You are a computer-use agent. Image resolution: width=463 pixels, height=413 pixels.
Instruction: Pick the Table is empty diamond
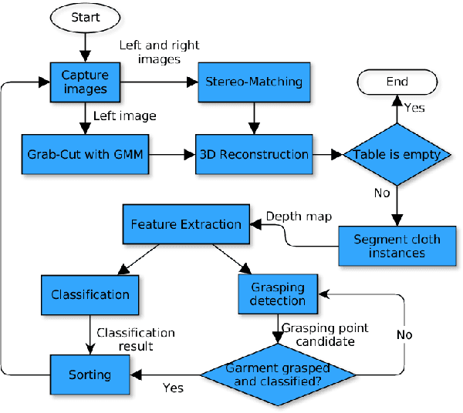(397, 154)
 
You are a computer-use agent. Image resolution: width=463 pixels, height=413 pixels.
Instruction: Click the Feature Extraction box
(185, 224)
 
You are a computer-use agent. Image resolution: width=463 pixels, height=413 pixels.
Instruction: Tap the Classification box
(90, 294)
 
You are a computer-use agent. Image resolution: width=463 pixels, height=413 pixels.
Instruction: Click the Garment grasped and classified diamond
(279, 375)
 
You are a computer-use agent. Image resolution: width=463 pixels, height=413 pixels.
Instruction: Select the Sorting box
(90, 375)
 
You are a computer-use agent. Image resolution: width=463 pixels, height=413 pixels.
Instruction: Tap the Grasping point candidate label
(324, 334)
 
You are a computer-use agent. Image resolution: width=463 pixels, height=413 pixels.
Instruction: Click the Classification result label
(135, 340)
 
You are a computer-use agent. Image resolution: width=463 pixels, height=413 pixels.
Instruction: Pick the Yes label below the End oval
(414, 108)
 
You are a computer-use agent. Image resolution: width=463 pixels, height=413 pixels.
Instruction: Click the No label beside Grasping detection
(404, 334)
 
